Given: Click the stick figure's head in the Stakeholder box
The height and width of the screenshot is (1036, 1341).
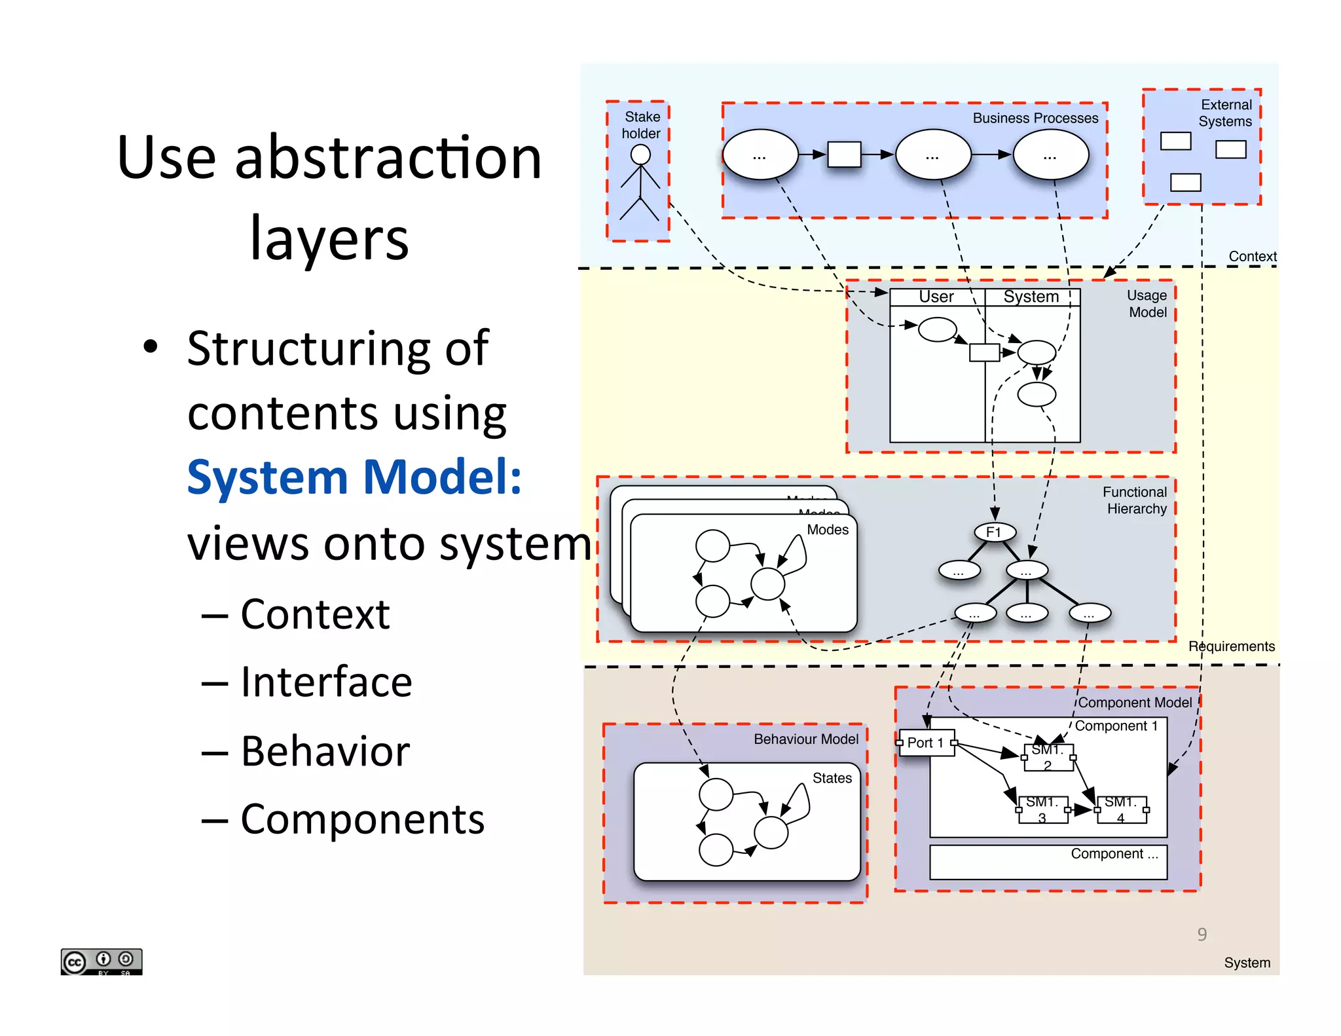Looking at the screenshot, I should [640, 155].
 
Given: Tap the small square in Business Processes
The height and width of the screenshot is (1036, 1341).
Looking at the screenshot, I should [844, 155].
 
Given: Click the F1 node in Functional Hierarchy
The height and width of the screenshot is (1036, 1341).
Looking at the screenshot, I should [994, 532].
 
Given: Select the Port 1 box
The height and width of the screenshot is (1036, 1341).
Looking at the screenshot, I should [926, 743].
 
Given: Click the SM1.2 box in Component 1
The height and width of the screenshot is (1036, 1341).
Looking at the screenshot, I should [1048, 757].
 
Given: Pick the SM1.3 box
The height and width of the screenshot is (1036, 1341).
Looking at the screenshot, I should [1042, 809].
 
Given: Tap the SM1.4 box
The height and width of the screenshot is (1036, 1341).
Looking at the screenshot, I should [1121, 809].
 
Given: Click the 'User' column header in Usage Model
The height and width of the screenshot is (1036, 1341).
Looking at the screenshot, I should [936, 297].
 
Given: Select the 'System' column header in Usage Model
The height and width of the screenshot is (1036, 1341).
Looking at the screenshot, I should [1031, 297].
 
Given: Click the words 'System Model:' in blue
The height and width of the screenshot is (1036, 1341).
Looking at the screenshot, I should [354, 477].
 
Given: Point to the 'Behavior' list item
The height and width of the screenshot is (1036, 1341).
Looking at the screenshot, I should [325, 750].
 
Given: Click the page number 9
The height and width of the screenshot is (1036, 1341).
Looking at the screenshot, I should [1202, 934].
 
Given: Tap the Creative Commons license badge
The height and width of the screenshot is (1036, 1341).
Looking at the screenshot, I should [101, 961].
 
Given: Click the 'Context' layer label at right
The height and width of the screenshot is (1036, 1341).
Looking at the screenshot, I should [1252, 257].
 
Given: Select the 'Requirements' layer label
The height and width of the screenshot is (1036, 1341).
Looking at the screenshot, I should [1231, 646].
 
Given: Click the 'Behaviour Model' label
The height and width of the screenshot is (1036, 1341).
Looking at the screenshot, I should [805, 739].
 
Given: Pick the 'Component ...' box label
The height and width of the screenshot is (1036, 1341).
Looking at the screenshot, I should [1114, 854].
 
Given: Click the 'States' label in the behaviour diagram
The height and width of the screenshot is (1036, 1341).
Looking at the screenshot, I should [832, 778].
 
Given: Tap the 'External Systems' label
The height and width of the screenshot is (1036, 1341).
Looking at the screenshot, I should [1225, 113].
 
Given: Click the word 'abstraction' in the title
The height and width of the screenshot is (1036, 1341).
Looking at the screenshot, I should [388, 158].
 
